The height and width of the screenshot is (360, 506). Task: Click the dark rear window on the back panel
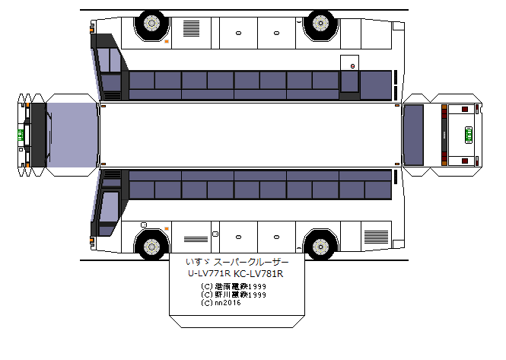(x=413, y=135)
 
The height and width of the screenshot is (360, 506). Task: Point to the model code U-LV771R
(x=209, y=274)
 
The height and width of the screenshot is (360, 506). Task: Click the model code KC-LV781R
(x=259, y=274)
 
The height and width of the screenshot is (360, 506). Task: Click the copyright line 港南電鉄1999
(x=234, y=287)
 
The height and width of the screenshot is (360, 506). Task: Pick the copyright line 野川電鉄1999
(x=234, y=295)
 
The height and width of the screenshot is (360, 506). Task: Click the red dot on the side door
(x=352, y=66)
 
